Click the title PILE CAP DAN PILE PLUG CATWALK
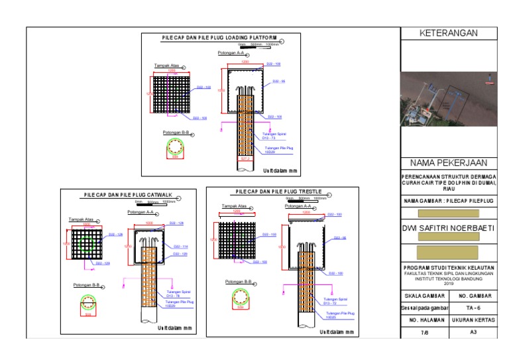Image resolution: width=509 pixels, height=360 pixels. click(128, 194)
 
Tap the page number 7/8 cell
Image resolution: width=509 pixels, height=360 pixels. click(426, 331)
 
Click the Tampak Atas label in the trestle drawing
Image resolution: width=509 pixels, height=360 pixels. click(234, 206)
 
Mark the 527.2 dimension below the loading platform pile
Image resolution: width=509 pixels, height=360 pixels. click(245, 159)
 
